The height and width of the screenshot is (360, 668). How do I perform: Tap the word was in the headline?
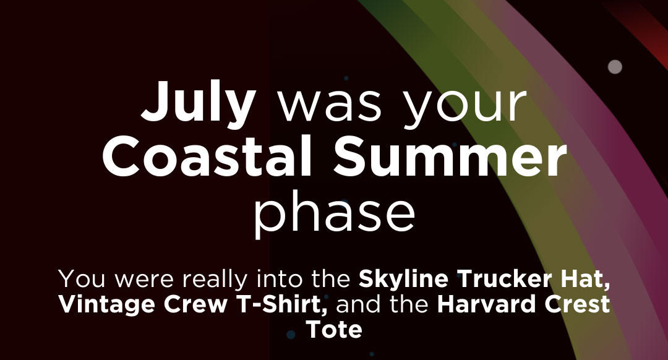click(x=330, y=105)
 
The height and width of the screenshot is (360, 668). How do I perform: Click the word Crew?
click(x=197, y=304)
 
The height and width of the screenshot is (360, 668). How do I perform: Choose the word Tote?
click(x=335, y=330)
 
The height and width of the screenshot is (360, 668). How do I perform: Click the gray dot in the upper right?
click(x=615, y=67)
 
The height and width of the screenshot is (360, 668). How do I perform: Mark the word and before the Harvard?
click(x=361, y=304)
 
